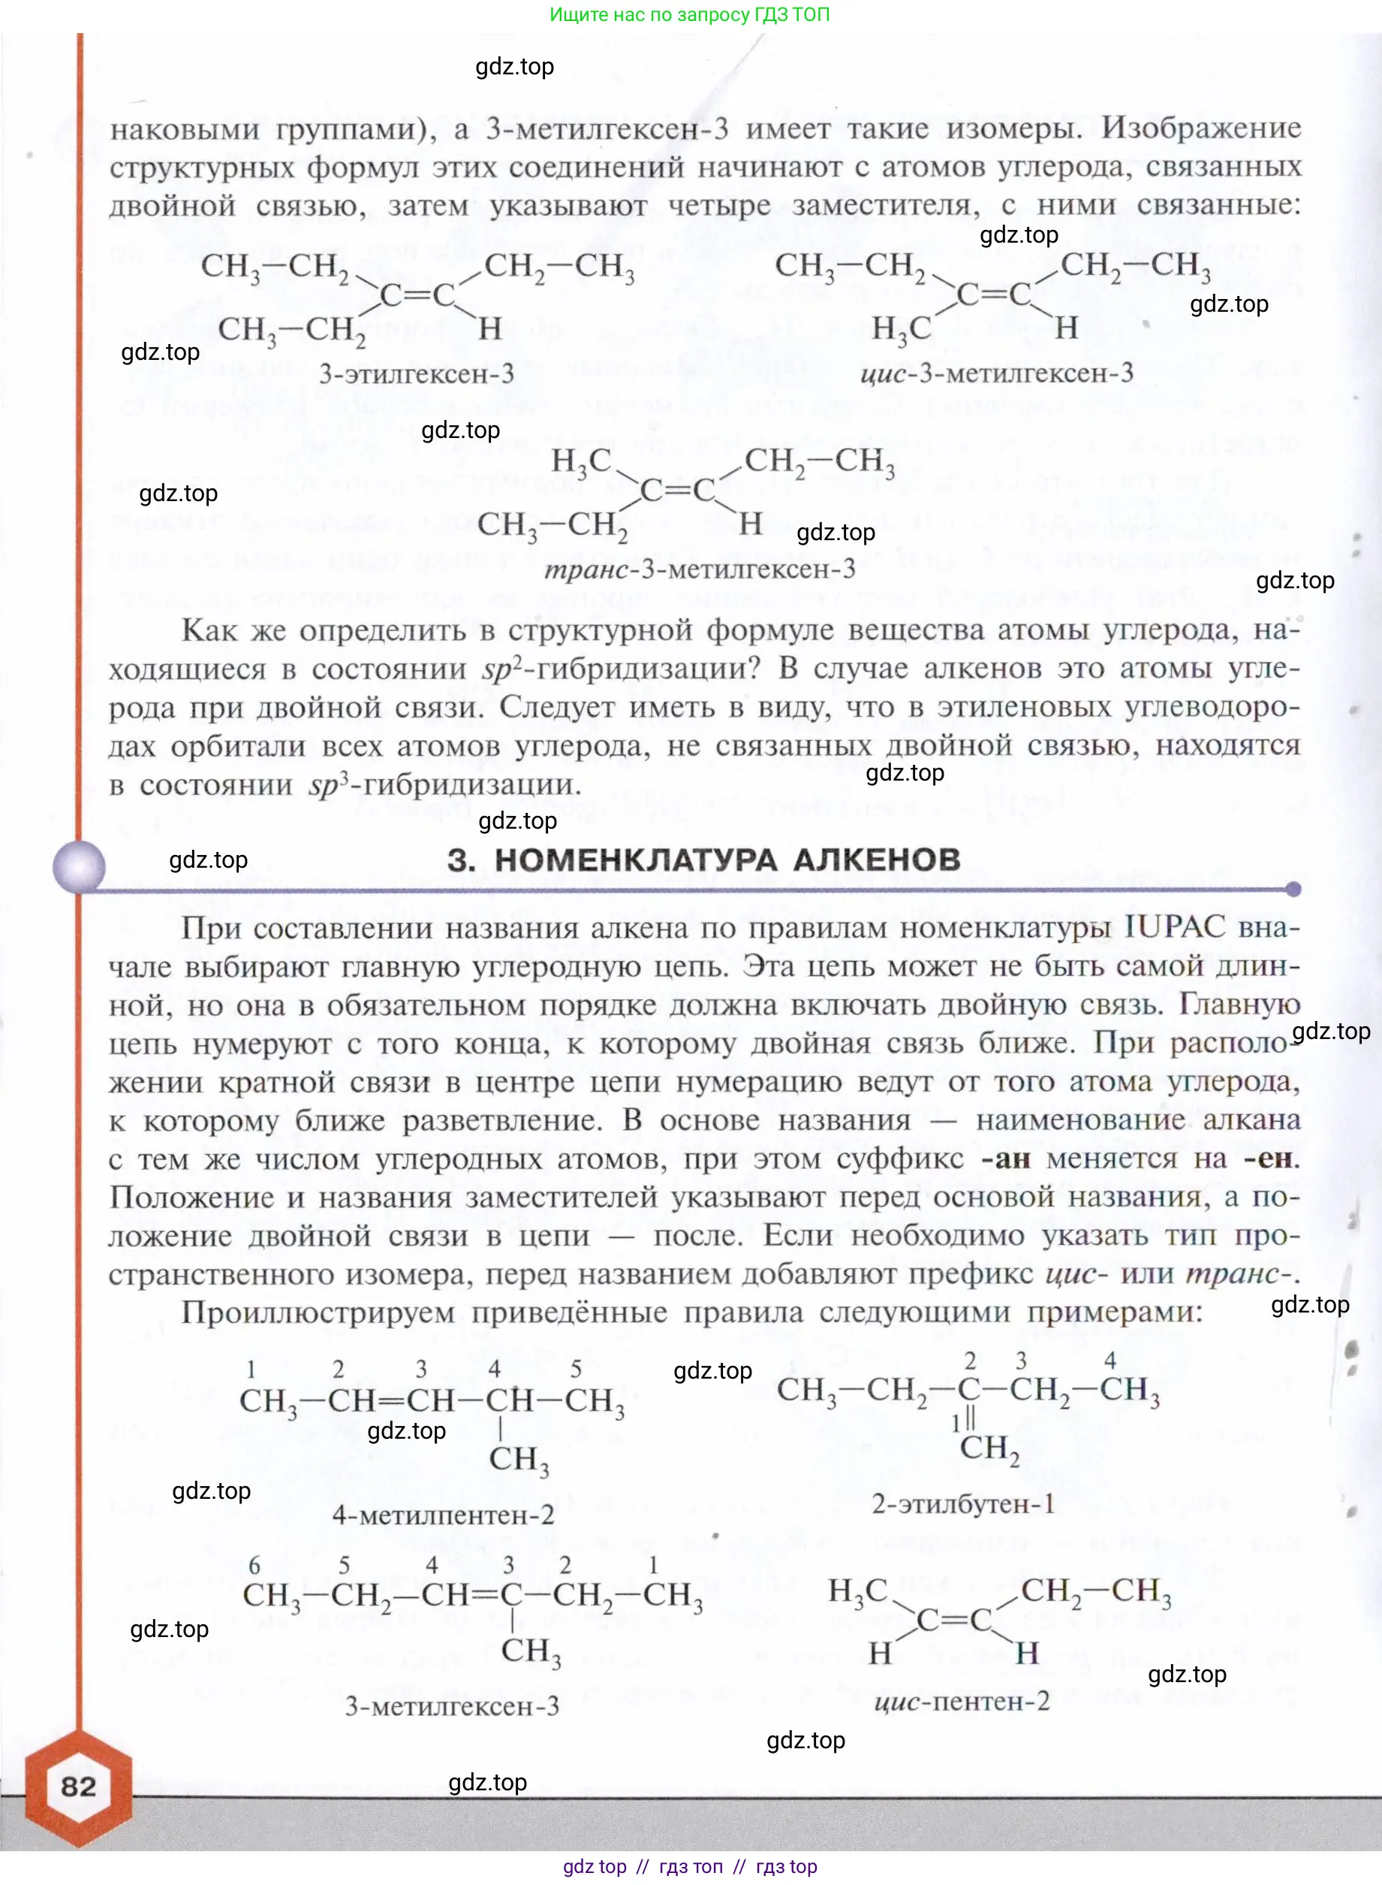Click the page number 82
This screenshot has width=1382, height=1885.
click(78, 1787)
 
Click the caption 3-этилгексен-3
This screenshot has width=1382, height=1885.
click(416, 373)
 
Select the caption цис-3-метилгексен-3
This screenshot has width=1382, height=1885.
click(996, 373)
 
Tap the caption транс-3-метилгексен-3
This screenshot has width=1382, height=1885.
click(700, 569)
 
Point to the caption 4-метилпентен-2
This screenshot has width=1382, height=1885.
click(443, 1515)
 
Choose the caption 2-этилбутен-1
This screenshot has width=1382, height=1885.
click(962, 1504)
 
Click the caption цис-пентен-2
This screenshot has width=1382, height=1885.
click(961, 1702)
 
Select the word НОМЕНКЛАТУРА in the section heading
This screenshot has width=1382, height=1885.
click(636, 859)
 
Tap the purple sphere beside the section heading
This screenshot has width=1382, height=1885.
click(79, 866)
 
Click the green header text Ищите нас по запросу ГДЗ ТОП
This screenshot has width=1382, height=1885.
click(689, 14)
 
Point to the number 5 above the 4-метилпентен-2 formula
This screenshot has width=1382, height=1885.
click(576, 1370)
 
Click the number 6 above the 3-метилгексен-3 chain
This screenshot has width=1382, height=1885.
click(254, 1564)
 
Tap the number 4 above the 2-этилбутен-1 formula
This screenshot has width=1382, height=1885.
click(1110, 1360)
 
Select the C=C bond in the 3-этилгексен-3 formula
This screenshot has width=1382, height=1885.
click(417, 295)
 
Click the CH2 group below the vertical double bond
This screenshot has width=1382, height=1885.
click(989, 1448)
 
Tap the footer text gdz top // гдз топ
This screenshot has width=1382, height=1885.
click(689, 1866)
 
